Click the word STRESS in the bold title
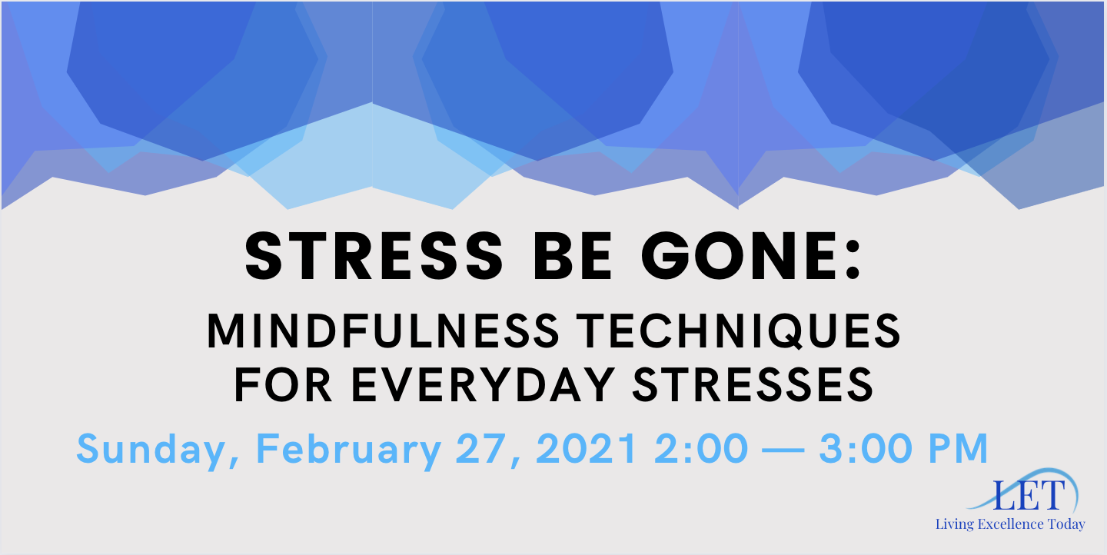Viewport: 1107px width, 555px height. (374, 257)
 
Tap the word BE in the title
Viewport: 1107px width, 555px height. (572, 257)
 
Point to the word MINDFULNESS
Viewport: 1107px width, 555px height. (383, 331)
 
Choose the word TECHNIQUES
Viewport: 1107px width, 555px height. (739, 331)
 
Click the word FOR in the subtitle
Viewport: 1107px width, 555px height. (283, 385)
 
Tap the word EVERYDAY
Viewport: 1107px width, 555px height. (484, 385)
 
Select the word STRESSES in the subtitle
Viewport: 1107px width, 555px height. (753, 385)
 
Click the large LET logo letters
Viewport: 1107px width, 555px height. (1029, 496)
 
